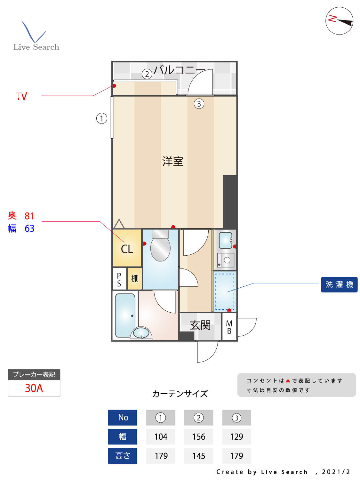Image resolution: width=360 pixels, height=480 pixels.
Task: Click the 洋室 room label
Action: [172, 161]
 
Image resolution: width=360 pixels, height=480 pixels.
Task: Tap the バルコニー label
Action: [179, 70]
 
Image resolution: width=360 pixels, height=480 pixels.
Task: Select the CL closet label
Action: [127, 249]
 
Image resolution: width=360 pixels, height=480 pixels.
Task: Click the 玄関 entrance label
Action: [200, 325]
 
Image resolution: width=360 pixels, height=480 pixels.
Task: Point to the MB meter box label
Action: [229, 327]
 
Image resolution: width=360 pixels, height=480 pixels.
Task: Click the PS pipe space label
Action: [119, 279]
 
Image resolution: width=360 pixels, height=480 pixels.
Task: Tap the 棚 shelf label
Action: [135, 278]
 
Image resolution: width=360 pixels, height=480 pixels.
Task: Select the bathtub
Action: [125, 315]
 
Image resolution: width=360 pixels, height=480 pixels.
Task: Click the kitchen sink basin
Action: [226, 240]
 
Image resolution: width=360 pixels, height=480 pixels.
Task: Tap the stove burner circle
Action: [227, 260]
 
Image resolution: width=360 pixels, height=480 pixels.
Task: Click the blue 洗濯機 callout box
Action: [339, 284]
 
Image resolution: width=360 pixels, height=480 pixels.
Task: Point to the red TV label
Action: [21, 96]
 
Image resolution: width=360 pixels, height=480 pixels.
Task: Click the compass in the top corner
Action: [339, 21]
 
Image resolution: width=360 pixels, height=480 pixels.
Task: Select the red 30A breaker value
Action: [34, 388]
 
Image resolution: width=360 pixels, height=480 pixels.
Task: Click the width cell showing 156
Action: [198, 436]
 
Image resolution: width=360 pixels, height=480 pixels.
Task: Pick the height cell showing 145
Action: [198, 456]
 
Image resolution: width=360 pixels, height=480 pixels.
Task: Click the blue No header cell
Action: [123, 417]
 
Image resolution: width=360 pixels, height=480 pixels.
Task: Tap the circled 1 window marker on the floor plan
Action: [102, 118]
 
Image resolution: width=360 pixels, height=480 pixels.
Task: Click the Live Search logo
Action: [36, 37]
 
